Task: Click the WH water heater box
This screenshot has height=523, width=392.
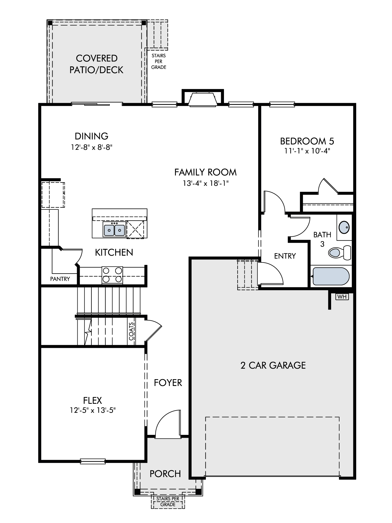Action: point(342,297)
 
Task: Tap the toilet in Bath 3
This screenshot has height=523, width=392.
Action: point(340,253)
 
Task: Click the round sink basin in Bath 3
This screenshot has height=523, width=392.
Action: point(344,227)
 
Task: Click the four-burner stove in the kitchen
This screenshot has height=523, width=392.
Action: point(112,275)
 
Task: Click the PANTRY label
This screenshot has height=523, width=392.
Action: point(60,279)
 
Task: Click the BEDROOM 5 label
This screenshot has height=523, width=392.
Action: point(307,141)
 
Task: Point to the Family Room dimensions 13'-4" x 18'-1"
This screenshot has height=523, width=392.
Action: point(206,183)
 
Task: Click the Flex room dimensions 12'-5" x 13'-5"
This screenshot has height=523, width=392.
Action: point(93,410)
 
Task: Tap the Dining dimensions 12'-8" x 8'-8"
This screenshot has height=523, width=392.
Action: point(91,147)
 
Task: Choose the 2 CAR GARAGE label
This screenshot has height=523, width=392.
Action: point(273,365)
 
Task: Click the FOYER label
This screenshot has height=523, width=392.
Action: point(168,383)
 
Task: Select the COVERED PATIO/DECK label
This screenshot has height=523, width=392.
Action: point(96,64)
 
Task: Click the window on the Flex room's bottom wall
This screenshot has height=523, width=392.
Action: point(93,461)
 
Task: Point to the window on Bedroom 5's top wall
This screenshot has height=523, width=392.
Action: point(282,105)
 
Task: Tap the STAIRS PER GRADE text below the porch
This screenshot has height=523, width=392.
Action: point(168,502)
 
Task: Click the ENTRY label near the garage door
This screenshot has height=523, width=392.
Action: point(285,256)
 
